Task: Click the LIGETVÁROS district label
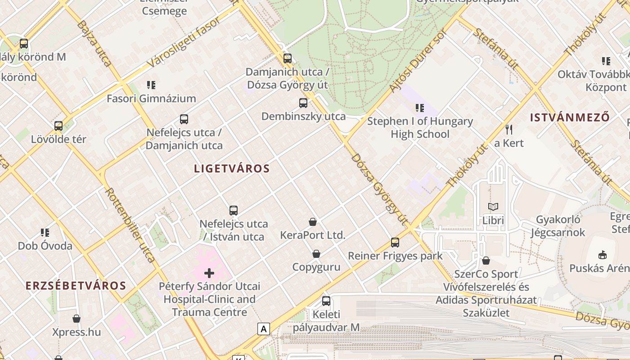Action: [232, 169]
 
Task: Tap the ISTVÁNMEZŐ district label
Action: [570, 117]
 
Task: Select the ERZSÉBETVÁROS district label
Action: [76, 286]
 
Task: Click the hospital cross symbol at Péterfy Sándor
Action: [209, 273]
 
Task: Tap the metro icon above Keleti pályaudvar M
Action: [326, 301]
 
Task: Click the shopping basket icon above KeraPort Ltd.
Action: [313, 222]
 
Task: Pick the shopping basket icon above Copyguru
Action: [316, 254]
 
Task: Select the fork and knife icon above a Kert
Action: [509, 130]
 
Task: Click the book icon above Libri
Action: [493, 207]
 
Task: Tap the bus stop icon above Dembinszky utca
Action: [303, 103]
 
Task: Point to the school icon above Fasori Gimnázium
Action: [151, 85]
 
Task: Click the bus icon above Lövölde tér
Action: [58, 126]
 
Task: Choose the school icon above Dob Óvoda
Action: [45, 233]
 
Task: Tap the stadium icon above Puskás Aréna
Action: [603, 255]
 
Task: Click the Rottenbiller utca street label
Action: [130, 225]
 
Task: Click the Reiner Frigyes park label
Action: [395, 256]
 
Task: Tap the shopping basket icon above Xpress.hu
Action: [76, 319]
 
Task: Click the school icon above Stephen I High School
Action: [420, 108]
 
